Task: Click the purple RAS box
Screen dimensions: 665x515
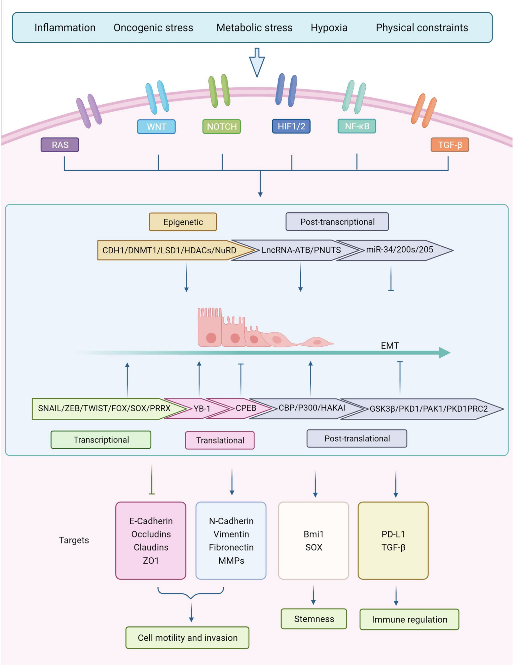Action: (60, 145)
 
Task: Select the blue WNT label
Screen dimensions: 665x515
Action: (156, 127)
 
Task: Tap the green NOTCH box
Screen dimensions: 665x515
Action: (222, 127)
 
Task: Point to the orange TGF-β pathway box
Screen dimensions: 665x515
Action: (450, 145)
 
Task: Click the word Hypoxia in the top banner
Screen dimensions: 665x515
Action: (329, 28)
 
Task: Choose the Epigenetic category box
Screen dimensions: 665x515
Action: (183, 222)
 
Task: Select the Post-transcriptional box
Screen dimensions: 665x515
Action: (337, 222)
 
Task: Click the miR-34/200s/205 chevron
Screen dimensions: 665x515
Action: (399, 250)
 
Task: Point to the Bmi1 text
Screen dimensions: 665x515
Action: (314, 534)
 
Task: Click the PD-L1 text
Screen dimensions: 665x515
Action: (393, 534)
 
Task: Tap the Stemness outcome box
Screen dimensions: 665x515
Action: (314, 619)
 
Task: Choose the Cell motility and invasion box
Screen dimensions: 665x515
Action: (187, 637)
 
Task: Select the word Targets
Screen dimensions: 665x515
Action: (74, 540)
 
